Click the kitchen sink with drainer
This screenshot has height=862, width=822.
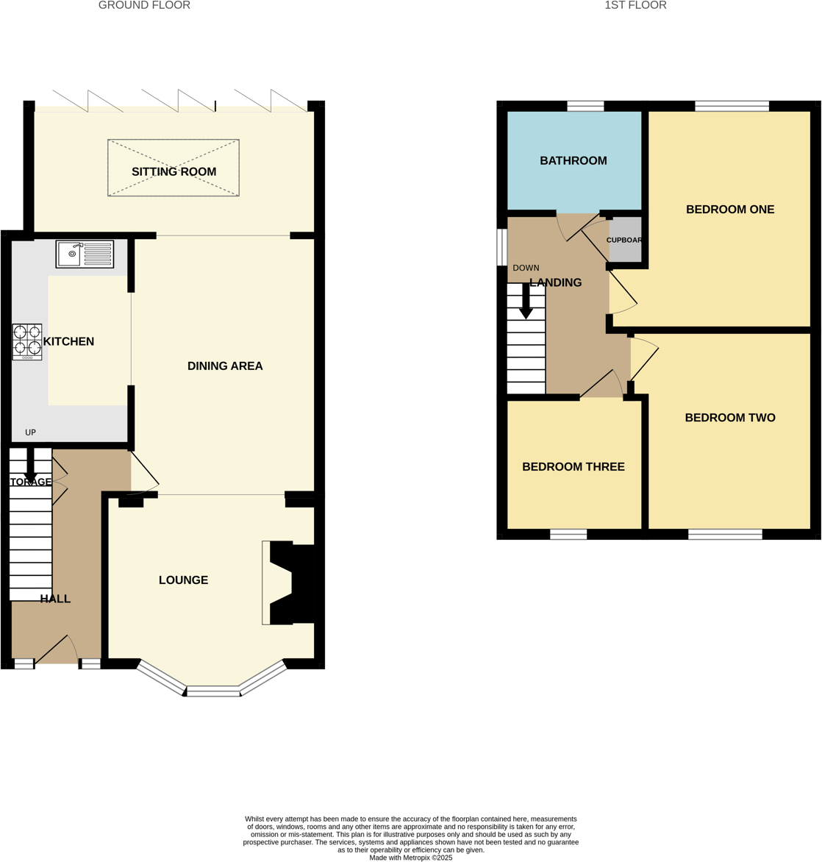pos(85,254)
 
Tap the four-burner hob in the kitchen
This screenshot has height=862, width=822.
pos(27,342)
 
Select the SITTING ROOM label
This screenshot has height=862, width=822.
pos(174,172)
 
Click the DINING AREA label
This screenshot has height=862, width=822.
pos(225,366)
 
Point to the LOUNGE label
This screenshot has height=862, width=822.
pos(183,580)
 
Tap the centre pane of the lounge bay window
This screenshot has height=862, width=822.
pos(213,691)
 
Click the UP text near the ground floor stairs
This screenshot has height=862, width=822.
pos(30,432)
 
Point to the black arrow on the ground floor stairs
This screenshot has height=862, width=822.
pos(31,466)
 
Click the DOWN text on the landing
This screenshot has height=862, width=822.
pos(526,268)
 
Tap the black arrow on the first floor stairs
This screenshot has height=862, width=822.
pos(526,302)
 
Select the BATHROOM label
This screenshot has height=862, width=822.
pos(573,161)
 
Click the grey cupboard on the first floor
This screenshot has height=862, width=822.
pos(626,240)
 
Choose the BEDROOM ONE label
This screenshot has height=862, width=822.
pos(730,210)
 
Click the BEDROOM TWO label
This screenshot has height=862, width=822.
pos(730,418)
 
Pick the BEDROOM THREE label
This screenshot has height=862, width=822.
pos(573,467)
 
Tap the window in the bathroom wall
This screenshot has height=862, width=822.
pos(585,107)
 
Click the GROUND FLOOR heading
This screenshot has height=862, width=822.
pos(144,6)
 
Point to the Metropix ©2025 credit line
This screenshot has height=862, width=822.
pos(411,858)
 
